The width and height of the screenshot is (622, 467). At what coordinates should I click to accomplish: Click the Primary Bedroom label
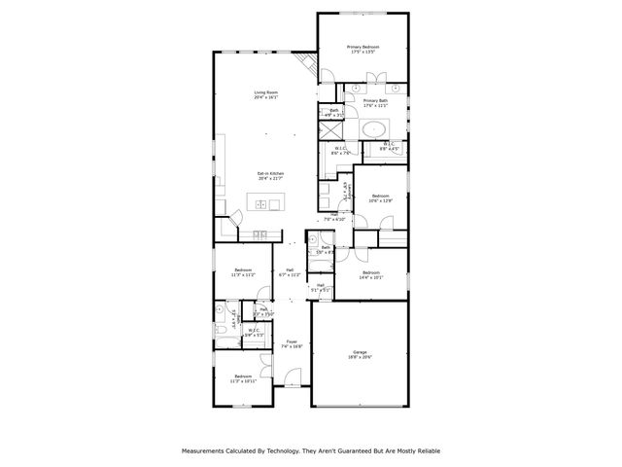point(363,50)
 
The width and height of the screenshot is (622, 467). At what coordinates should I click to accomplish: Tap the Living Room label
point(265,95)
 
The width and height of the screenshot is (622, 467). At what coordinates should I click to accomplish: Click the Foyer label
point(292,343)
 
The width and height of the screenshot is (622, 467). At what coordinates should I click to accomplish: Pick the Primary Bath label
point(376,103)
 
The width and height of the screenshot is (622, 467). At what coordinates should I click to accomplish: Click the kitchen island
point(265,202)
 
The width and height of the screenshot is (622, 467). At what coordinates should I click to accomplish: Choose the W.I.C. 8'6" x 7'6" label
point(341,151)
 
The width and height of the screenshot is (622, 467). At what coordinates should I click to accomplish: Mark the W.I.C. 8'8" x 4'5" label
point(389,147)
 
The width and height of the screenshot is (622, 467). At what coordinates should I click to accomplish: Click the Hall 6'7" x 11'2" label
point(291,273)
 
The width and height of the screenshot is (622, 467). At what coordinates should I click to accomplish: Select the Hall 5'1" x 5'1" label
point(321,287)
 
